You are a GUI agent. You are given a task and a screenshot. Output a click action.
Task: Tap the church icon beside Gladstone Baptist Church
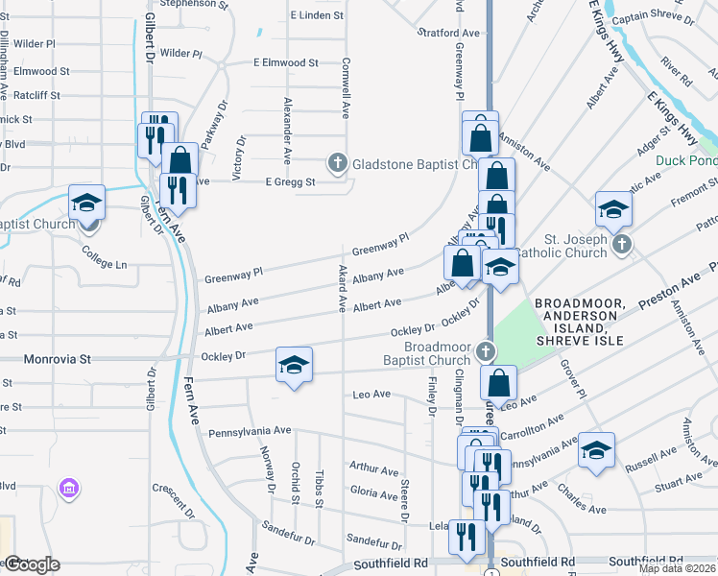pos(337,164)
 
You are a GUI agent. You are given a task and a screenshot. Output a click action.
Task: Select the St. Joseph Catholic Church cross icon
pos(621,244)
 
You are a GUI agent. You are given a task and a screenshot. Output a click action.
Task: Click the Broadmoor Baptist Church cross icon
pos(487,350)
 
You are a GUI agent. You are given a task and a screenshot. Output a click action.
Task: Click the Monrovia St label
pos(58,358)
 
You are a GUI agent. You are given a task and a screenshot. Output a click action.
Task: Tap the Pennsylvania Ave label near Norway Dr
pos(249,432)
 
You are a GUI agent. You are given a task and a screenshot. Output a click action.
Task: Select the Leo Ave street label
pos(371,395)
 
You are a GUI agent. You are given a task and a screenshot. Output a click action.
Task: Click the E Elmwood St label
pos(285,62)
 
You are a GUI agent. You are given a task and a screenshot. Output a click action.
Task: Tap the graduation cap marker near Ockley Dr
pos(295,365)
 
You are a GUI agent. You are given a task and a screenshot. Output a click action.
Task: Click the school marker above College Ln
pos(86,204)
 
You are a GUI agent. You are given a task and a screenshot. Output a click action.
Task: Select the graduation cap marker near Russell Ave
pos(596,450)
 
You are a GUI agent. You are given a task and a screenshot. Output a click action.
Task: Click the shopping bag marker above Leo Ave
pos(498,383)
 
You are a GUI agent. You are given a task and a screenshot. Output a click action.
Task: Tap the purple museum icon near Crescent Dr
pos(67,490)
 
